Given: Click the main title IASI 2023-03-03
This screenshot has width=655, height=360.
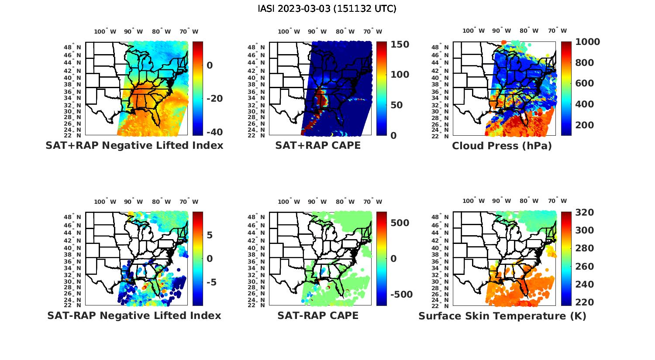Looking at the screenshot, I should (327, 9).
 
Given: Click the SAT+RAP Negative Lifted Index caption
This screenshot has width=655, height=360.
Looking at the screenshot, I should (134, 146).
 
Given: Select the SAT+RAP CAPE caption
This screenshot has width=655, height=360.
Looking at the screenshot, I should (318, 146).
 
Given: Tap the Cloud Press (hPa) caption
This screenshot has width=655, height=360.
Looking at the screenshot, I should (502, 146).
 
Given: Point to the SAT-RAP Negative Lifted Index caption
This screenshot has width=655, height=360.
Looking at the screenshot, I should (134, 315).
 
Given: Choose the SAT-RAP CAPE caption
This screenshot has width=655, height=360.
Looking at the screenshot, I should (318, 315).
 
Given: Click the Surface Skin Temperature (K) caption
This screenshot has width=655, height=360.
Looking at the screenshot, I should (502, 316).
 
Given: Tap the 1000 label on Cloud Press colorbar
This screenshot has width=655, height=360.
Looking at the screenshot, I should (588, 42).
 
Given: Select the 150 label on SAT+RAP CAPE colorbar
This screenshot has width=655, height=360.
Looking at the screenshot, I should (400, 45).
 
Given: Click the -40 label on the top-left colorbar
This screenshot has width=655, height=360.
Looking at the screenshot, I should (214, 132).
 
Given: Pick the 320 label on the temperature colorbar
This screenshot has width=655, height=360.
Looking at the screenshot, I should (584, 213).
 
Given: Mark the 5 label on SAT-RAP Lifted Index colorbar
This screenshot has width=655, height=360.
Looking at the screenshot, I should (210, 236).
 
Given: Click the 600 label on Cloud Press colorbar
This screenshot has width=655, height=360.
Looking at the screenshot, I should (584, 83).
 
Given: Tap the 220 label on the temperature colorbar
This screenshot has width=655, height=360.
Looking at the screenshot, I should (584, 302).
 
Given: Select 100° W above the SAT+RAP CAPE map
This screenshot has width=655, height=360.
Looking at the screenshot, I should (289, 31).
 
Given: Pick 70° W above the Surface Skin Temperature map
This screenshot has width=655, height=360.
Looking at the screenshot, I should (558, 201).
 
